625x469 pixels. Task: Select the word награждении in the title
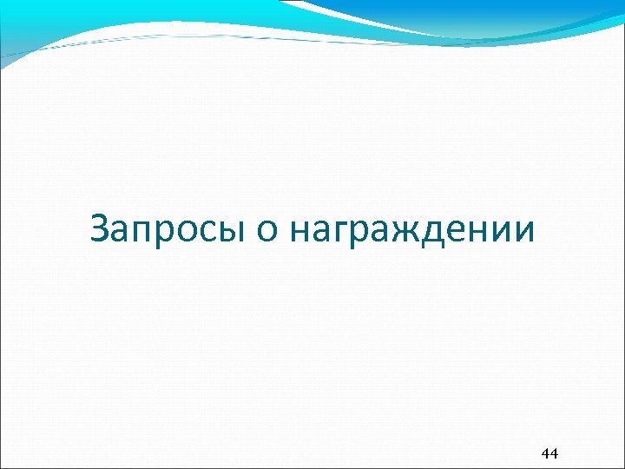pos(413,232)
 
